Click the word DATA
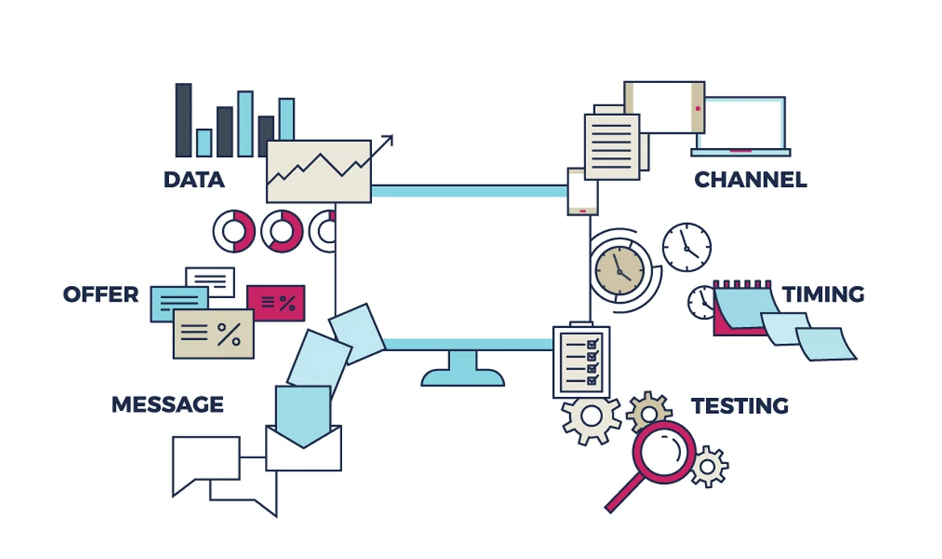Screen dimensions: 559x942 (x=194, y=180)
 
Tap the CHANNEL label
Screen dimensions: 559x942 (x=750, y=180)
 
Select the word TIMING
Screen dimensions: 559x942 (x=823, y=295)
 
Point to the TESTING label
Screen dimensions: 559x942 (x=739, y=405)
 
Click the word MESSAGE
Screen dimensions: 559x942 (x=167, y=404)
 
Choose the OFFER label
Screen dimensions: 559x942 (x=101, y=295)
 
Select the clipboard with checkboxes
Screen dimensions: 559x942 (x=581, y=361)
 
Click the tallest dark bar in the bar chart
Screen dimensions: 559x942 (x=184, y=120)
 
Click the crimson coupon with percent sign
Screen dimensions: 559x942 (x=275, y=303)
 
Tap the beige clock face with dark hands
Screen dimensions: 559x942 (x=619, y=269)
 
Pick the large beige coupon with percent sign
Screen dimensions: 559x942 (x=213, y=333)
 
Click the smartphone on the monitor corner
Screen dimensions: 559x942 (x=583, y=192)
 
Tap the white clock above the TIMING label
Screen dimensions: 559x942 (x=687, y=246)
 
